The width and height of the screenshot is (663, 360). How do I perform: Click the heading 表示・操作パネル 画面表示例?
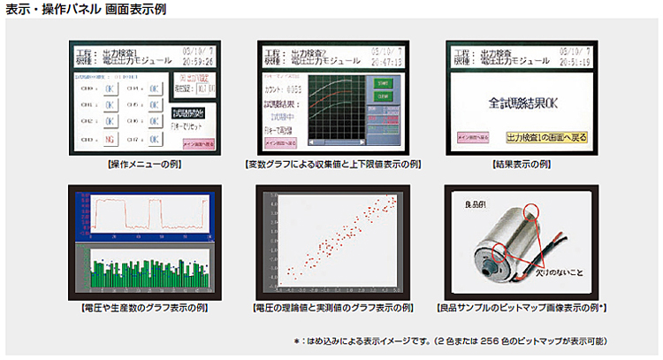84,11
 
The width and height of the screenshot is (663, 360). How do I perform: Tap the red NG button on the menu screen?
108,138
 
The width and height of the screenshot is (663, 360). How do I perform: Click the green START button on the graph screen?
384,83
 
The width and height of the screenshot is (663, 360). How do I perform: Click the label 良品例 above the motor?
475,205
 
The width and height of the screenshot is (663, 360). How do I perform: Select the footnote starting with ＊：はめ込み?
451,340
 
